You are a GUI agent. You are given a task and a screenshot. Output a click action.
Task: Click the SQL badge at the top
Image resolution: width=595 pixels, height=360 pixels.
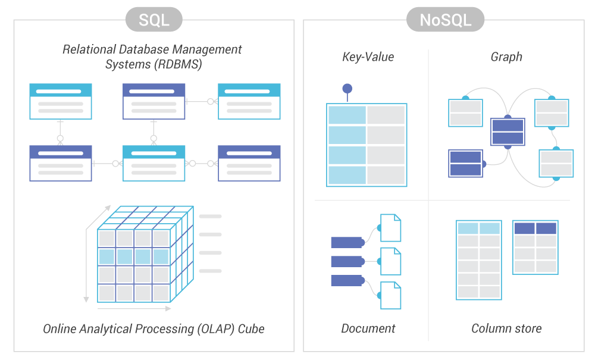coord(154,20)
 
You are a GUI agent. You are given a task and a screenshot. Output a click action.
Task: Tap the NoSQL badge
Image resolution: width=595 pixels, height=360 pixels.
coord(445,20)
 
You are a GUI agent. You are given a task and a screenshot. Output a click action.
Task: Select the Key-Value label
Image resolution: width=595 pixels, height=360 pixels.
coord(368,57)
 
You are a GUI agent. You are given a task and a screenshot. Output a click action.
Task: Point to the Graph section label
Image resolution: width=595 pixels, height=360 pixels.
coord(506,57)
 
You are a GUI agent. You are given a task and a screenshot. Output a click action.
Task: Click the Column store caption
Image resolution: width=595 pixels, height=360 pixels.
coord(506,328)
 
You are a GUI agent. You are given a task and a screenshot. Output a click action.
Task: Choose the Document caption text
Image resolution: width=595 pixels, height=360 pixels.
coord(368,328)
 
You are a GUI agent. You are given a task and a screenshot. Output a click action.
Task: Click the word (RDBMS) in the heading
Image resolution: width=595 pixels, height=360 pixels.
coord(177,64)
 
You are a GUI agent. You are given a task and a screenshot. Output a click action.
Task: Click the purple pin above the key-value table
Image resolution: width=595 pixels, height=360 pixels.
coord(347,89)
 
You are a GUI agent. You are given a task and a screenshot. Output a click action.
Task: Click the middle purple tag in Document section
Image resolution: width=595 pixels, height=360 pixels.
coord(346,261)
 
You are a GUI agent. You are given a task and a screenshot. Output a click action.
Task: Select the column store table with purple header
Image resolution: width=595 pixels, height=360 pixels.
coord(535,248)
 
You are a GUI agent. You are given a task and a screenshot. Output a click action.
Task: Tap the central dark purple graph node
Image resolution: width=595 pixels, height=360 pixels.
coord(508,132)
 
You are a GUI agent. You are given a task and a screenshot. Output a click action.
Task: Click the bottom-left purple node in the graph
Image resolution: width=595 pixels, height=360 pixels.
coord(465,163)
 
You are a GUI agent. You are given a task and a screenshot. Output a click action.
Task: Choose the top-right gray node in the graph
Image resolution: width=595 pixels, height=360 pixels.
coord(552,112)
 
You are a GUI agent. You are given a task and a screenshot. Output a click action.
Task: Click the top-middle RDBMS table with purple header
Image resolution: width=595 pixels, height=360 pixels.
coord(154,101)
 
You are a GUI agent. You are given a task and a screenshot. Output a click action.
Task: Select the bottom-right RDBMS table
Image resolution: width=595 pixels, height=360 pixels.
coord(249,163)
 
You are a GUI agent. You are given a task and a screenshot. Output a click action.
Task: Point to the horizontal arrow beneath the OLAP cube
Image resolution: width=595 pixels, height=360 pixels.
coord(134,309)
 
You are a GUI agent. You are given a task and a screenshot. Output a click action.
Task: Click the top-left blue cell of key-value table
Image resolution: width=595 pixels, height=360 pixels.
coord(346,115)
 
